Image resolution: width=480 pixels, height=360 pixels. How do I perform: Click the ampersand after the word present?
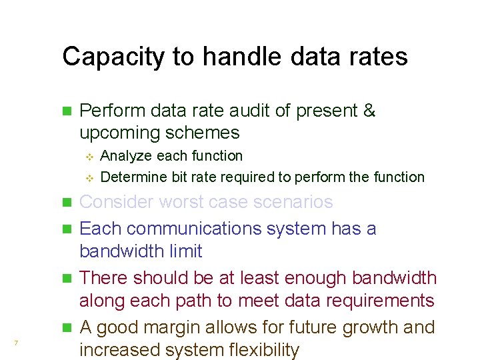pyautogui.click(x=369, y=111)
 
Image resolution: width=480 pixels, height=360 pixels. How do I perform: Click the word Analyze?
pyautogui.click(x=127, y=156)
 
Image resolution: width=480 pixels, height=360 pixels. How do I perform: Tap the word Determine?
pyautogui.click(x=131, y=177)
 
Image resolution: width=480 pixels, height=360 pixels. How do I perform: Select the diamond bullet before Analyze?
pyautogui.click(x=92, y=157)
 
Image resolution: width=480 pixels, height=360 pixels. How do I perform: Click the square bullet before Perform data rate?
pyautogui.click(x=65, y=111)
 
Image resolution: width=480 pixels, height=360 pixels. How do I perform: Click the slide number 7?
pyautogui.click(x=15, y=343)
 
